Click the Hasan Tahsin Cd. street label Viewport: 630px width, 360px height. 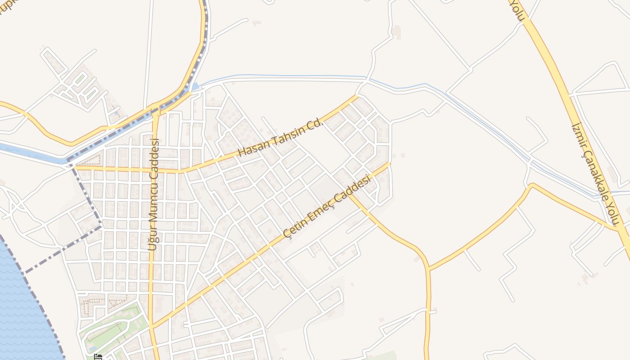click(x=281, y=138)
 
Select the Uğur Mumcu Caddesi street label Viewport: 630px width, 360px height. click(x=154, y=194)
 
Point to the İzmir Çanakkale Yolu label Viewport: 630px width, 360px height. click(x=596, y=174)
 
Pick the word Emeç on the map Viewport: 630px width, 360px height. click(x=329, y=205)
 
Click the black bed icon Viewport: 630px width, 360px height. click(x=98, y=357)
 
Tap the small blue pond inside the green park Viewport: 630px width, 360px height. click(x=92, y=348)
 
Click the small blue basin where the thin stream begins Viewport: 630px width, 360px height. click(x=194, y=86)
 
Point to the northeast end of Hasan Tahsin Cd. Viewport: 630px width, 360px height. click(x=357, y=96)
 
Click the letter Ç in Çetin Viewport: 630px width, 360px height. click(x=287, y=234)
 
